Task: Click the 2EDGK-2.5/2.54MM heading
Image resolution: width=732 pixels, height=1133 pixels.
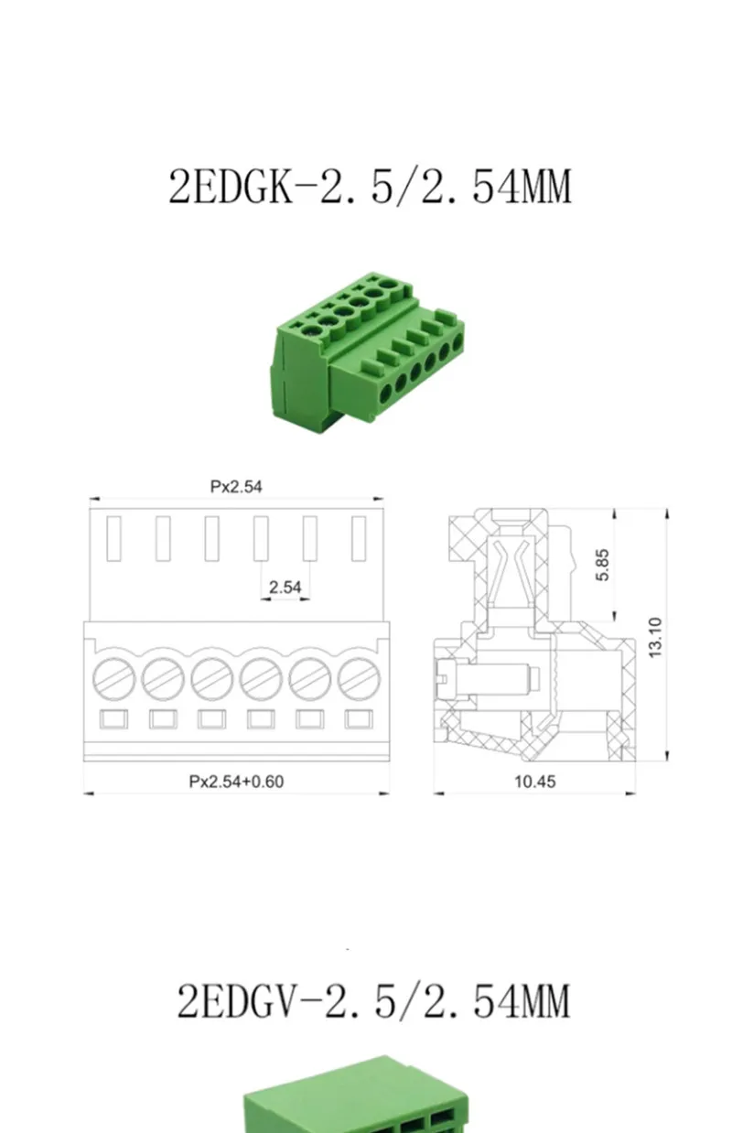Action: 370,187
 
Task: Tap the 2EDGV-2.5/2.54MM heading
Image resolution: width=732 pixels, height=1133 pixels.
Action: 373,1001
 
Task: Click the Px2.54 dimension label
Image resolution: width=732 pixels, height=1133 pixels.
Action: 236,487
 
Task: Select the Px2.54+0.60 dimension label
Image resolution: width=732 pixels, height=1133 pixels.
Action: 236,782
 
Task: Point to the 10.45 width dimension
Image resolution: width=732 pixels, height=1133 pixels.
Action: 534,782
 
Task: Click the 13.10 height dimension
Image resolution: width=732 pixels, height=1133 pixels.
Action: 655,637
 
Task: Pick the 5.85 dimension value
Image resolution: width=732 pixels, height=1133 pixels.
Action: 602,565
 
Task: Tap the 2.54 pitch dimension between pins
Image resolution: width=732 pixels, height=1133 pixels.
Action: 285,588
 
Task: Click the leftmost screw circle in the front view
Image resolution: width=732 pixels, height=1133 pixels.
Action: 114,679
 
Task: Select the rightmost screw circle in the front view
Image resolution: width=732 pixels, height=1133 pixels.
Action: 359,679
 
